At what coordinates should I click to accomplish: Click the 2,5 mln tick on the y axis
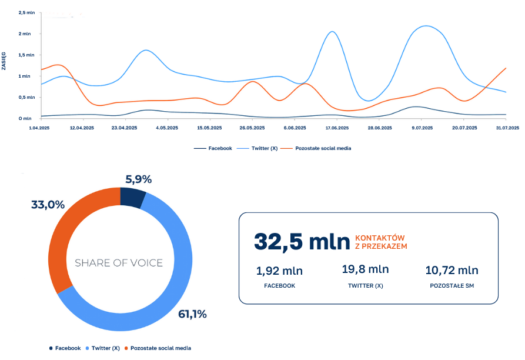pyautogui.click(x=27, y=12)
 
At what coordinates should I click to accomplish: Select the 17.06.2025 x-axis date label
pyautogui.click(x=335, y=128)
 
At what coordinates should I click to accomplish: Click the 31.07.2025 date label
pyautogui.click(x=507, y=128)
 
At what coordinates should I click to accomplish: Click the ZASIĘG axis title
pyautogui.click(x=4, y=61)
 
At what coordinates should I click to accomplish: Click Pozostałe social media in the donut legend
pyautogui.click(x=160, y=348)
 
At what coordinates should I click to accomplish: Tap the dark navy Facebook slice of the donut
pyautogui.click(x=132, y=198)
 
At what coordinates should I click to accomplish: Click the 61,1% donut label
pyautogui.click(x=192, y=314)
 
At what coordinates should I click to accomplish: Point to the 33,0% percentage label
pyautogui.click(x=48, y=205)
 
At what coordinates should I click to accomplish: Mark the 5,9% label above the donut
pyautogui.click(x=139, y=179)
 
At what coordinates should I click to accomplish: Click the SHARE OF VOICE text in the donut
pyautogui.click(x=119, y=263)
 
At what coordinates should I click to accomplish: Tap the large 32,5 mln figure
pyautogui.click(x=302, y=242)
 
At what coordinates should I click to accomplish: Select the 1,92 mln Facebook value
pyautogui.click(x=279, y=271)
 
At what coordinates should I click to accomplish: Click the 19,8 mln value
pyautogui.click(x=365, y=269)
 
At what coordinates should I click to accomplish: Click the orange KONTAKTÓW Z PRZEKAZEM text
pyautogui.click(x=381, y=242)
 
